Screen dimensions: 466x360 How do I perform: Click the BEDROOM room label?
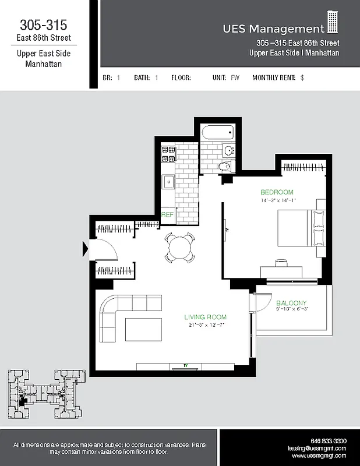[x=276, y=192]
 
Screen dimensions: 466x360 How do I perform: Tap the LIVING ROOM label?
[x=205, y=317]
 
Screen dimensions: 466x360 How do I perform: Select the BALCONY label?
[x=291, y=303]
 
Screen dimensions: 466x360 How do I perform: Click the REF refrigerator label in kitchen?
[x=167, y=215]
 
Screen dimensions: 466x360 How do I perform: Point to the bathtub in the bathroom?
[x=217, y=133]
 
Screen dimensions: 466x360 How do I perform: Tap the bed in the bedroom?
[x=297, y=228]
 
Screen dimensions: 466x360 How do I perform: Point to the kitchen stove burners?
[x=168, y=154]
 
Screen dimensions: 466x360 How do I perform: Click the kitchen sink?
[x=168, y=181]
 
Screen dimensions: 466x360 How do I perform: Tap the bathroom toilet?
[x=226, y=167]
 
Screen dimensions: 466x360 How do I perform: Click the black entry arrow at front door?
[x=85, y=249]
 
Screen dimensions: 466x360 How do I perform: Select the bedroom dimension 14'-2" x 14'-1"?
[x=278, y=200]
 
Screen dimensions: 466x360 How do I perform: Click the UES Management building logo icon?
[x=333, y=23]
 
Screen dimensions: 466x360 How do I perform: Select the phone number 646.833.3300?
[x=329, y=441]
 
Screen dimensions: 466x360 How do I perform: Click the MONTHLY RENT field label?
[x=274, y=77]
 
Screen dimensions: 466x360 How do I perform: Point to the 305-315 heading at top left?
[x=44, y=25]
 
